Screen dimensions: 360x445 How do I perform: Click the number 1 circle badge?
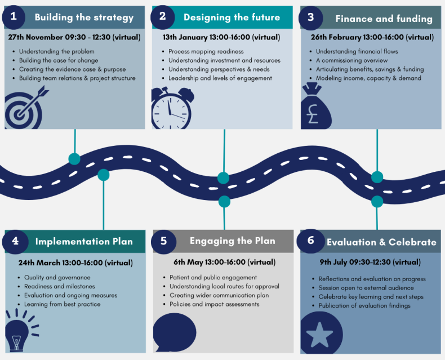(x=14, y=17)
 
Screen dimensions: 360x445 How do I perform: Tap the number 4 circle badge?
(x=15, y=241)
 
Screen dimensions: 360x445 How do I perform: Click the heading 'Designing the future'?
(x=232, y=17)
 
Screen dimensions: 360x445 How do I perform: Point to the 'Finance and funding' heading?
(x=384, y=19)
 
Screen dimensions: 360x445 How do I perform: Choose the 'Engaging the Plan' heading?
(x=232, y=241)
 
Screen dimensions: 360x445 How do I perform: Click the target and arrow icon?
(x=23, y=108)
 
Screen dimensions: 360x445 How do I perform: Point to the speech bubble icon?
(x=174, y=331)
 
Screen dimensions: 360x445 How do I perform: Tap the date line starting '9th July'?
(x=370, y=262)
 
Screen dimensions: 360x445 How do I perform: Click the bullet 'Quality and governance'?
(x=57, y=277)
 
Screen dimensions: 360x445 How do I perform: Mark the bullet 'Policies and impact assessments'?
(x=214, y=304)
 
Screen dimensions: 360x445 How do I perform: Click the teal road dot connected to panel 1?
(x=74, y=159)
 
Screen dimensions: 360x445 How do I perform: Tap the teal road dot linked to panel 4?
(x=103, y=175)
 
